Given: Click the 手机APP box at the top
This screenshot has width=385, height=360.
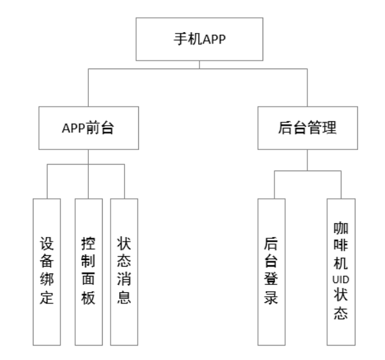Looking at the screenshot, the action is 199,39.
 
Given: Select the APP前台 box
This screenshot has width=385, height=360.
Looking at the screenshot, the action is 89,128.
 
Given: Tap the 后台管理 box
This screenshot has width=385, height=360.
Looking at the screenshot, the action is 307,128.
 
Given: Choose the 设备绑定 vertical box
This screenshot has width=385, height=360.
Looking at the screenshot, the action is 47,272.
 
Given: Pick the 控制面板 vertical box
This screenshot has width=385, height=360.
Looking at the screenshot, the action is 89,272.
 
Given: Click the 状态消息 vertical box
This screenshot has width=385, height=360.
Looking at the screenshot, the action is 124,272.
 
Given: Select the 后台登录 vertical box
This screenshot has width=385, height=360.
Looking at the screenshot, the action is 271,272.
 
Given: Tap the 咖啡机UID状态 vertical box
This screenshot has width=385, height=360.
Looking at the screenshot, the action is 341,272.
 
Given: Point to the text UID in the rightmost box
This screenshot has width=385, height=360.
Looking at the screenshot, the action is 341,280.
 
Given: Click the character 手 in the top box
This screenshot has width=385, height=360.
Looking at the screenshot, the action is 181,39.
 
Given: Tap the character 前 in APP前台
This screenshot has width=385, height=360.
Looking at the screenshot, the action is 93,128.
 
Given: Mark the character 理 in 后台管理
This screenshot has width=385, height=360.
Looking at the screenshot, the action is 329,128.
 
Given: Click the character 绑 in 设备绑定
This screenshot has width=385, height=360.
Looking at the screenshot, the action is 47,280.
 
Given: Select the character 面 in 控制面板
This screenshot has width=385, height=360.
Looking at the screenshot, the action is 88,280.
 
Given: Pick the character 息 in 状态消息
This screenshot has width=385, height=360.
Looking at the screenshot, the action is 124,297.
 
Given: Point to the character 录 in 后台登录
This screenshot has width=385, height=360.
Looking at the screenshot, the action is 271,297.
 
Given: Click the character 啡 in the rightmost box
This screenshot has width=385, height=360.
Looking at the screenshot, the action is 341,245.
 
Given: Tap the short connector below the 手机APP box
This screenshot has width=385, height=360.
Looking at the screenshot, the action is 199,65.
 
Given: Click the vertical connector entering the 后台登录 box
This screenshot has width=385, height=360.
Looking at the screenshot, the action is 274,185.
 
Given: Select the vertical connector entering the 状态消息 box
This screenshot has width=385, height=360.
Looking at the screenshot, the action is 124,182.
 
